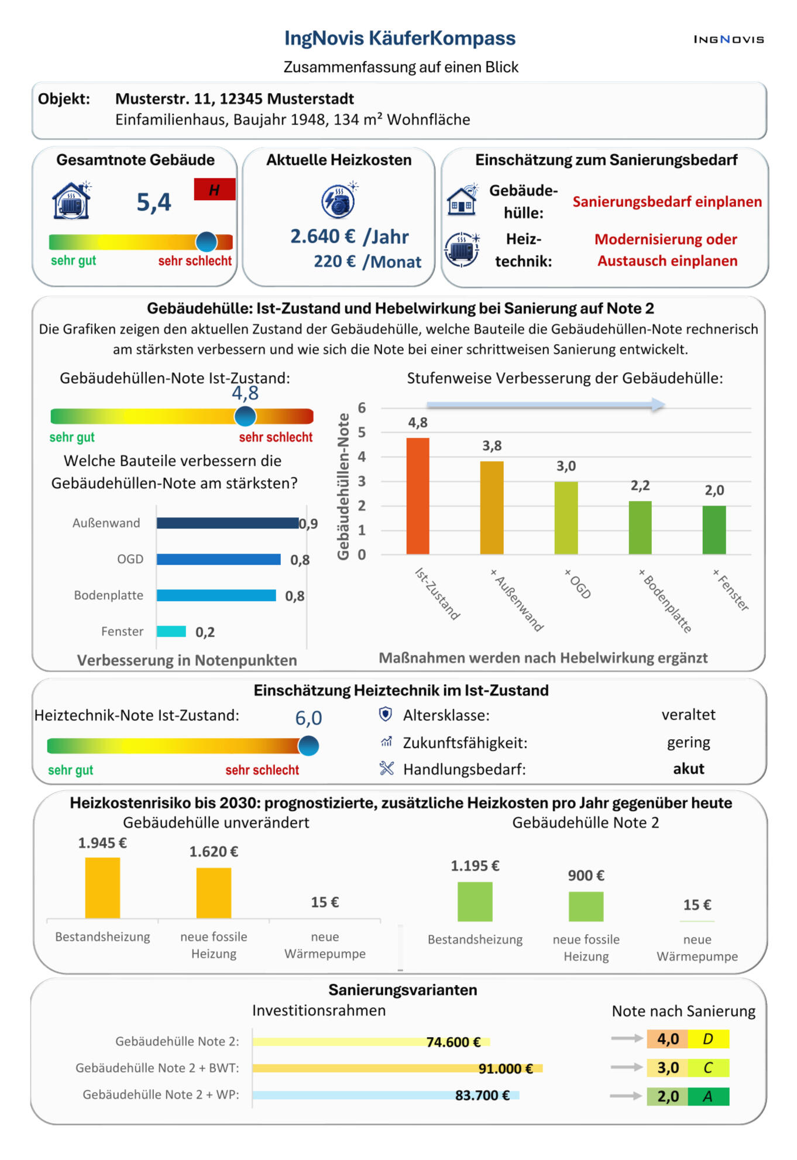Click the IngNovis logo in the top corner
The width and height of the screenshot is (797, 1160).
[x=729, y=39]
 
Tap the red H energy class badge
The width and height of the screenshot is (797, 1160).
[x=215, y=189]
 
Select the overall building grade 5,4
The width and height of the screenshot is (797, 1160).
[x=153, y=203]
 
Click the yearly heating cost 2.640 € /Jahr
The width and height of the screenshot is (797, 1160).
[x=349, y=236]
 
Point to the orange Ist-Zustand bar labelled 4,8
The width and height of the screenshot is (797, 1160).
[x=418, y=496]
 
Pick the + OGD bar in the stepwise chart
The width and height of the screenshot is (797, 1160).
[x=566, y=518]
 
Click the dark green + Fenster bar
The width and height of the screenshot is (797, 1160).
[x=714, y=530]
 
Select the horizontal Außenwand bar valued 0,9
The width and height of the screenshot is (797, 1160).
[x=228, y=523]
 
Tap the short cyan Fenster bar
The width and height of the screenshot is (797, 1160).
[x=171, y=632]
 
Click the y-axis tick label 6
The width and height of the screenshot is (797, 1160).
[x=362, y=408]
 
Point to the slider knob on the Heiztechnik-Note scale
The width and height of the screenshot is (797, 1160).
[x=308, y=746]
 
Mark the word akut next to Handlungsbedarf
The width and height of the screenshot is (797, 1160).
[x=688, y=768]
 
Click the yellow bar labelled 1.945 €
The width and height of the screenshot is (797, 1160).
[x=102, y=888]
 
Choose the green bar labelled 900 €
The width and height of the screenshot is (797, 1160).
[x=586, y=907]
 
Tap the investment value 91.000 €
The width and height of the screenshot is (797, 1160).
[x=506, y=1069]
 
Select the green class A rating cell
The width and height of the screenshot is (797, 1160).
[x=709, y=1096]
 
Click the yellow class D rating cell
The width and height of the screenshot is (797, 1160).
[x=709, y=1039]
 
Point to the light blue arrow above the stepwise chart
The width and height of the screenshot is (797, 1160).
[x=546, y=404]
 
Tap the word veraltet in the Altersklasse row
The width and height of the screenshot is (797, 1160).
[x=688, y=715]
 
